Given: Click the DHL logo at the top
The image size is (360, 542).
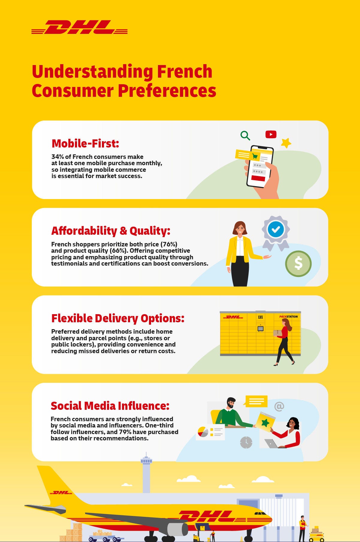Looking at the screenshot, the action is (79, 27).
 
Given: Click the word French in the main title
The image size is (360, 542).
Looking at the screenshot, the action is (185, 72).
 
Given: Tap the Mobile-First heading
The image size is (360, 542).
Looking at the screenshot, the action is (85, 143).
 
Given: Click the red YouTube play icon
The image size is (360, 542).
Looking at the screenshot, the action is (271, 134).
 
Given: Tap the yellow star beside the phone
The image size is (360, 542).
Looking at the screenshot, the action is (286, 143).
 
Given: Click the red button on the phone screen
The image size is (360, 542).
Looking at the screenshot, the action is (258, 178).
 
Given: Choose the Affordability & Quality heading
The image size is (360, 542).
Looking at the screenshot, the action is (111, 231).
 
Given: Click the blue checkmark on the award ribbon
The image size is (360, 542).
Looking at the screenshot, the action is (276, 229).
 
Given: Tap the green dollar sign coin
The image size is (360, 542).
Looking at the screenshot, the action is (298, 264).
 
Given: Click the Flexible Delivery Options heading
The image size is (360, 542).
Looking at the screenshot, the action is (118, 318).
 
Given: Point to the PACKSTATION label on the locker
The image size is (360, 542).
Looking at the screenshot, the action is (288, 317).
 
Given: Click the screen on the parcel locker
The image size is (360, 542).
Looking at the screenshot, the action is (260, 329).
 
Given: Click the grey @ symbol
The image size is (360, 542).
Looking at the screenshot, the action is (279, 406).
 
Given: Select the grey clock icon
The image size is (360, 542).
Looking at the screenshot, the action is (246, 442).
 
